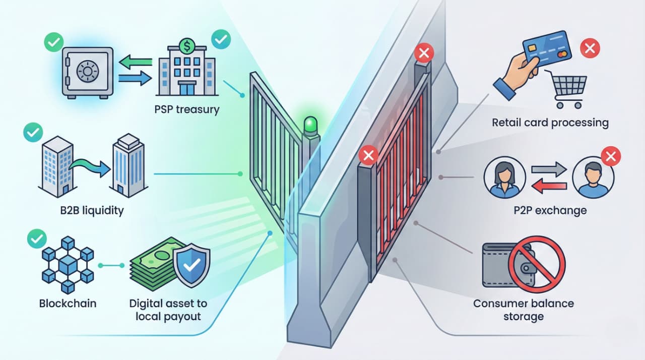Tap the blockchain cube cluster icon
pyautogui.click(x=67, y=264)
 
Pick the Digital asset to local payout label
pyautogui.click(x=168, y=310)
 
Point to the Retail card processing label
pyautogui.click(x=550, y=122)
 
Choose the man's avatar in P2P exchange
pyautogui.click(x=593, y=177)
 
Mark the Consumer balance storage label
pyautogui.click(x=524, y=310)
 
